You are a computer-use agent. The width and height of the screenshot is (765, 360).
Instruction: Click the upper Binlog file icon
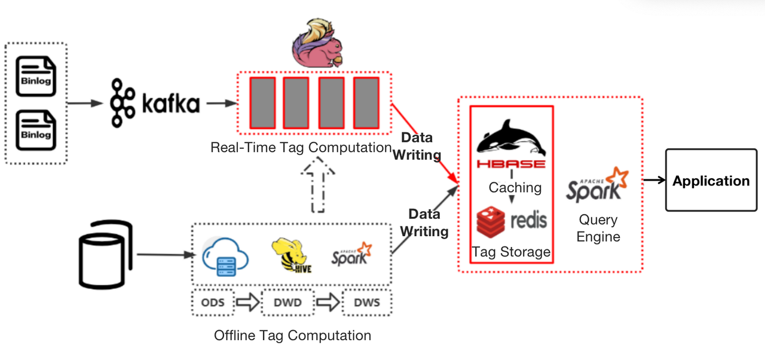36,75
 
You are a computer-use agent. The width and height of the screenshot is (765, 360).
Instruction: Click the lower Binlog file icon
36,130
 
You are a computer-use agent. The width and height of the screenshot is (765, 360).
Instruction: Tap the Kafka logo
155,104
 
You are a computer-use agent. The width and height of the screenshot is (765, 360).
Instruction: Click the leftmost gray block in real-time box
262,102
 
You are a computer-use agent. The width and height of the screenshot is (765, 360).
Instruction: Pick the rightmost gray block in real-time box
366,102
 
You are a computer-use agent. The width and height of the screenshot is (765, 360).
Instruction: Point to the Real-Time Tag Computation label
301,147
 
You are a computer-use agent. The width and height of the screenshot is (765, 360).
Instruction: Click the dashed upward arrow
318,185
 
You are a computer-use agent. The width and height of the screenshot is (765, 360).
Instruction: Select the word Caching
515,188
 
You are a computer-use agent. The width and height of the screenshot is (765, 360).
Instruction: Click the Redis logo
512,221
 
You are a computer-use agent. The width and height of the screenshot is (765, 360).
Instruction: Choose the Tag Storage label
511,252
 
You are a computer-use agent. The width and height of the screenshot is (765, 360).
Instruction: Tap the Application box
711,181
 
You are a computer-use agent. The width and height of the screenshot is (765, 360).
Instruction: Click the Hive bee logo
291,256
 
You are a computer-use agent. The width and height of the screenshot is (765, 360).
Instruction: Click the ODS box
213,302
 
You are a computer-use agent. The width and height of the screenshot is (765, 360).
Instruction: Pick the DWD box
287,302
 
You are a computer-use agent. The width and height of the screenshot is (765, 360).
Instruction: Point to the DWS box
366,302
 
